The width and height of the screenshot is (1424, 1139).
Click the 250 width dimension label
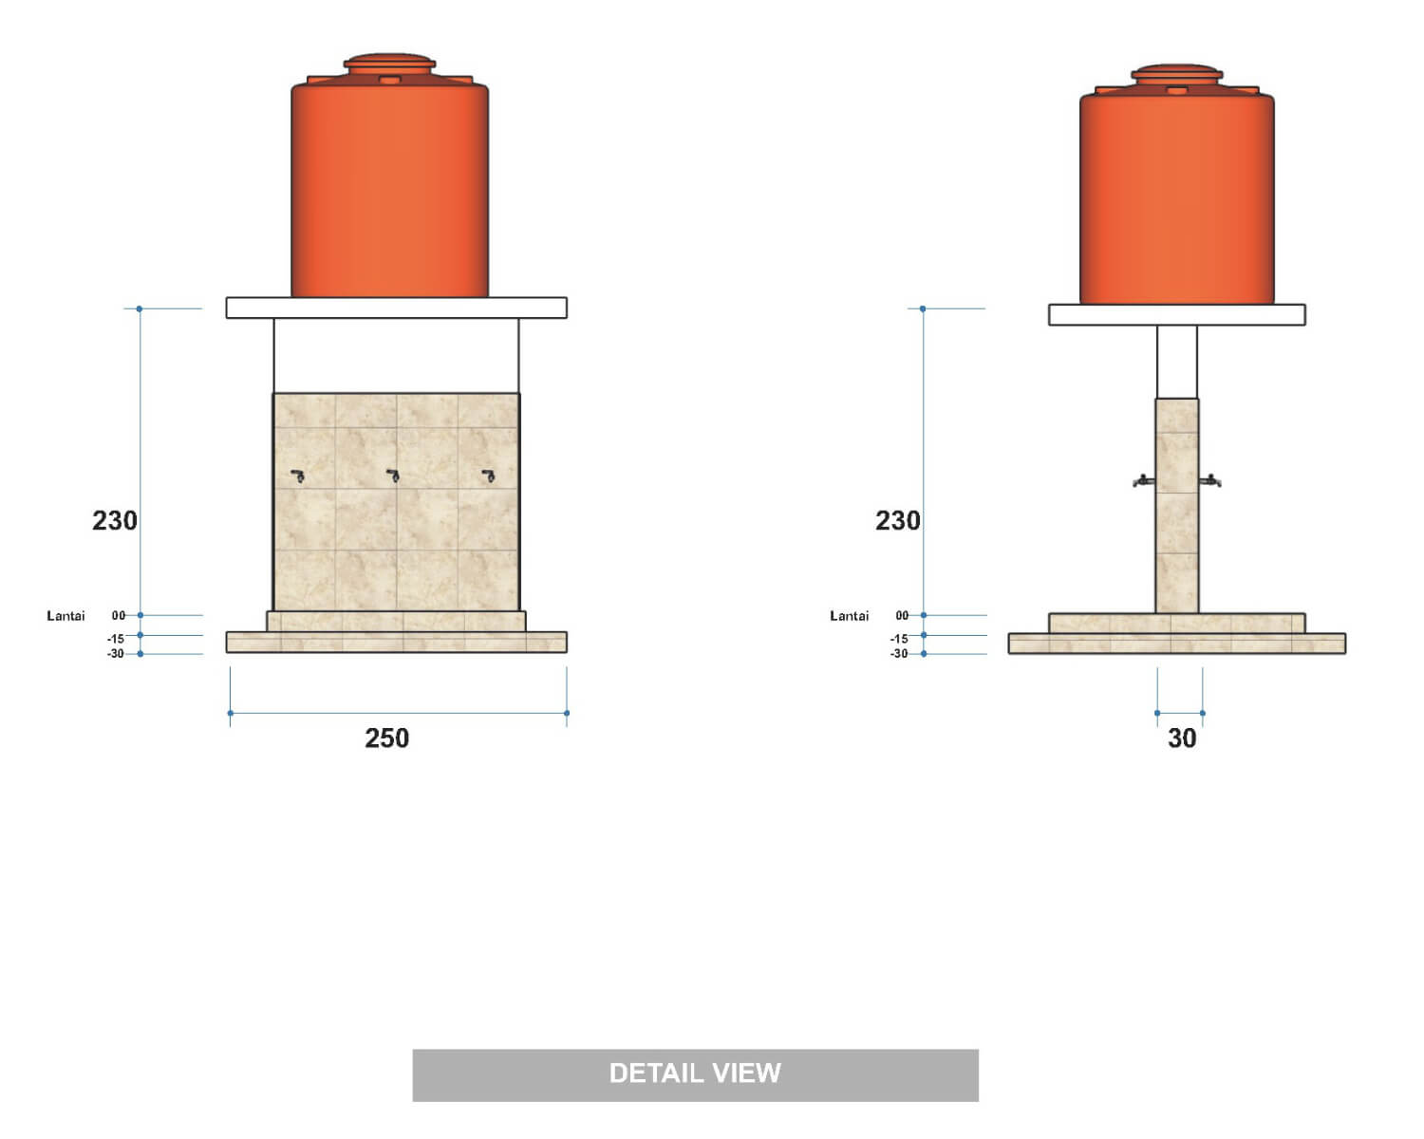pyautogui.click(x=387, y=738)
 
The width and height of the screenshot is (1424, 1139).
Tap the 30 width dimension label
pyautogui.click(x=1182, y=738)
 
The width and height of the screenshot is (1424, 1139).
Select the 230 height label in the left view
pyautogui.click(x=115, y=520)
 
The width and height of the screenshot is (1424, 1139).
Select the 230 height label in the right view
pyautogui.click(x=898, y=520)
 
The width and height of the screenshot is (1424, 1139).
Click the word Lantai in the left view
pyautogui.click(x=66, y=615)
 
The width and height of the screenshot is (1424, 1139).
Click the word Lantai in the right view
pyautogui.click(x=849, y=615)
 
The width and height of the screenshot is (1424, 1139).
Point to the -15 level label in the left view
pyautogui.click(x=116, y=639)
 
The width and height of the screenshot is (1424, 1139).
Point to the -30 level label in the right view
pyautogui.click(x=899, y=653)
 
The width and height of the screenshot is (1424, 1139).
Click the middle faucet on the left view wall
pyautogui.click(x=393, y=476)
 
